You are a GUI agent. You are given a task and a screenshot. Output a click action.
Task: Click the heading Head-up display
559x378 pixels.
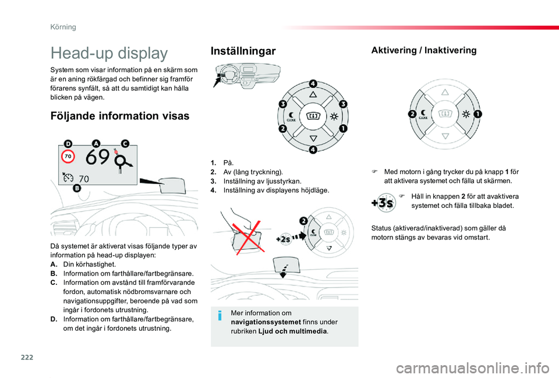109,53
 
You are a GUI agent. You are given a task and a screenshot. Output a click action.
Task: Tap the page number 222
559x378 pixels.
27,357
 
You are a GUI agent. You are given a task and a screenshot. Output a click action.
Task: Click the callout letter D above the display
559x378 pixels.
68,144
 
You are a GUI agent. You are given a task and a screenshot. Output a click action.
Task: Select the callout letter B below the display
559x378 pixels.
77,188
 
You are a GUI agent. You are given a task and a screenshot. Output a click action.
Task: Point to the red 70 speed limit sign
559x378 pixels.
68,156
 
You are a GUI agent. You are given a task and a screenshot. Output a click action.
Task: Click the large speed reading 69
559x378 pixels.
97,157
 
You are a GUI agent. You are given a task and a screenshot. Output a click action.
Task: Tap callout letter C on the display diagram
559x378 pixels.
125,143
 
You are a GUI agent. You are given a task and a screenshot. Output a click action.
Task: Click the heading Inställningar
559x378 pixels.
243,51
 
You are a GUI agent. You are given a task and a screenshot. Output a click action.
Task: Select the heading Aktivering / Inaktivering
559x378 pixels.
424,50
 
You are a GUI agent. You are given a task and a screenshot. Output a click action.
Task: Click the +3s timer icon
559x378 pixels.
383,203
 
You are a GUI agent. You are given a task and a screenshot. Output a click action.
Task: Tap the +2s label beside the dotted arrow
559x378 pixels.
283,239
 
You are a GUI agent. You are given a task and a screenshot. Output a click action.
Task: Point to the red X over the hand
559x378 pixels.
249,236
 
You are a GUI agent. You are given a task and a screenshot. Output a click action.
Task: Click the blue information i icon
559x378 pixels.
220,316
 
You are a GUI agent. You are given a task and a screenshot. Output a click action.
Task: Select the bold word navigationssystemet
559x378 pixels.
266,322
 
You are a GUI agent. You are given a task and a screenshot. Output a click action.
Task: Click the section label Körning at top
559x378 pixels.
63,27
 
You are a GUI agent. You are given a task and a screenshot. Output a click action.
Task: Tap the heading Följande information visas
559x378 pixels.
120,116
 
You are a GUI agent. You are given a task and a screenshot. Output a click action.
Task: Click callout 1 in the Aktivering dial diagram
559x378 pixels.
477,114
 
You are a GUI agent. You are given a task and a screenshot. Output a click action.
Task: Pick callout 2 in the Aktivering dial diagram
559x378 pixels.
412,114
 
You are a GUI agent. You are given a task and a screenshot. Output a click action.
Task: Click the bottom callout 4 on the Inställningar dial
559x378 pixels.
313,150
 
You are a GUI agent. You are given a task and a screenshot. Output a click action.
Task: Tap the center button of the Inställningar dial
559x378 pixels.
313,116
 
